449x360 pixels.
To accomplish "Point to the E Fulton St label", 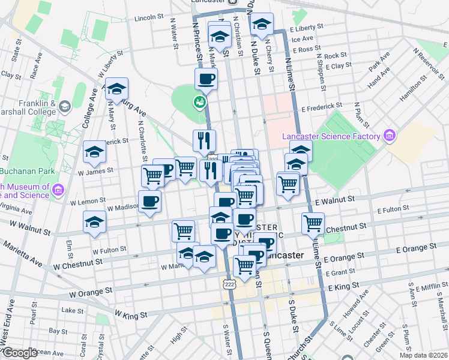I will [393, 210].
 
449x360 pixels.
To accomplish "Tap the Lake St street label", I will [73, 310].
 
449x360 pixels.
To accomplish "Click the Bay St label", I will [58, 331].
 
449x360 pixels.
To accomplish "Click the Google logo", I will [20, 353].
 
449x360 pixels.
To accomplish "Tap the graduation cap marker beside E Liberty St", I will [262, 25].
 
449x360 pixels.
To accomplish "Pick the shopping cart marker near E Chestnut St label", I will [313, 224].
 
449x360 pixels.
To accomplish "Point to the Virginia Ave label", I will [16, 208].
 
